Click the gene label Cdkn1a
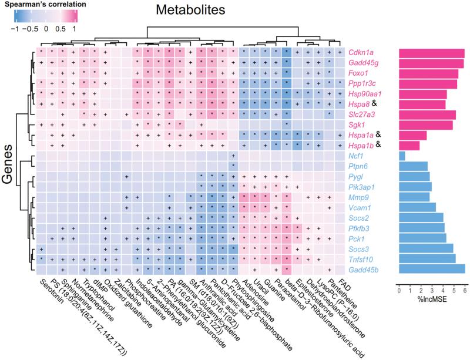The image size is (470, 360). click(x=363, y=53)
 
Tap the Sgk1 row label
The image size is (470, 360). click(x=359, y=125)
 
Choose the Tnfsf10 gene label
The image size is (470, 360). click(x=363, y=258)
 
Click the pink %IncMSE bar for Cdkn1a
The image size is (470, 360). click(x=431, y=53)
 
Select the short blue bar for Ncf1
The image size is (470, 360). click(x=402, y=156)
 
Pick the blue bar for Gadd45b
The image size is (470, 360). click(x=432, y=269)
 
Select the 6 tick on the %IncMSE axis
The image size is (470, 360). click(x=464, y=290)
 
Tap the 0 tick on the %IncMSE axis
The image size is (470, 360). click(x=399, y=290)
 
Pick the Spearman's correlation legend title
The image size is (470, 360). click(x=44, y=5)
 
